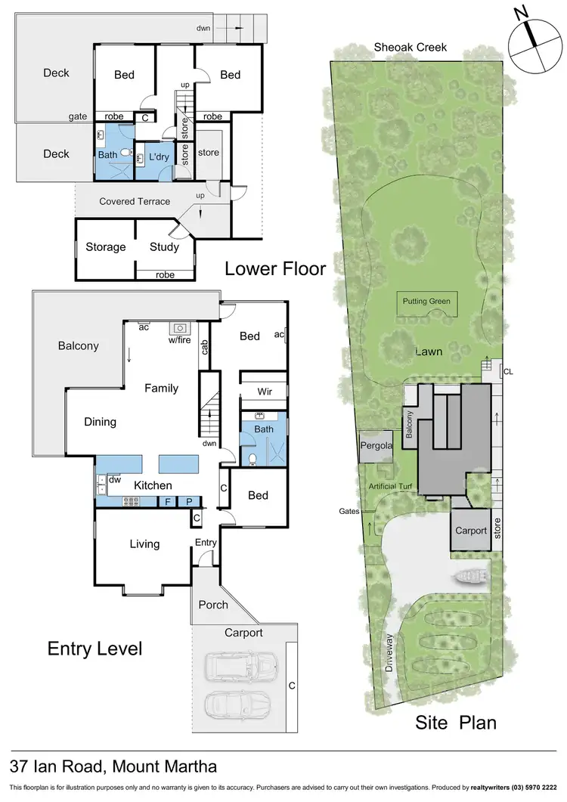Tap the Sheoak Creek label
[x=411, y=47]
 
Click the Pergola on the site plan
[x=376, y=446]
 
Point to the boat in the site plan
[x=471, y=578]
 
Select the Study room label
[x=164, y=247]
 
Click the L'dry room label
[x=159, y=157]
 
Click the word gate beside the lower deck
[x=78, y=116]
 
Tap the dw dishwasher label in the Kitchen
[x=114, y=479]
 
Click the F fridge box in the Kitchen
[x=168, y=501]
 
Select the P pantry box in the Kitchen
[x=190, y=501]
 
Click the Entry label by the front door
[x=206, y=543]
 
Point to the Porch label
[x=213, y=605]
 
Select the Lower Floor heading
[x=275, y=268]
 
